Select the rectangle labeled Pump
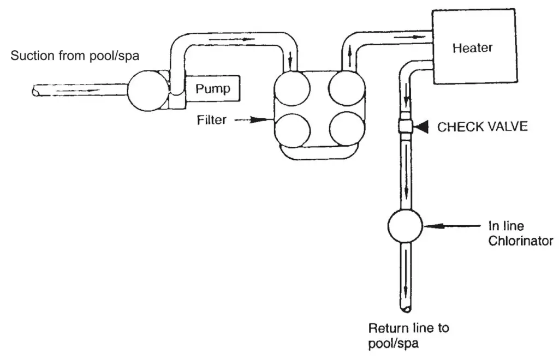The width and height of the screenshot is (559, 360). (213, 89)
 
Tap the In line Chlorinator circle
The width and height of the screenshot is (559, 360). (405, 225)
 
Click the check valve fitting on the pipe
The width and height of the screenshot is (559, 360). (405, 127)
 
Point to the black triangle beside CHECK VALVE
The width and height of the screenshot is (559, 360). (421, 127)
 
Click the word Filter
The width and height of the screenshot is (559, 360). (211, 119)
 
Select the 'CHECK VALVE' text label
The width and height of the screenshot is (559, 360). (483, 127)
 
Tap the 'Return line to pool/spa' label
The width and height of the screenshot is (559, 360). (409, 336)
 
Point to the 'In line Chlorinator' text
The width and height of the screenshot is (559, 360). (519, 233)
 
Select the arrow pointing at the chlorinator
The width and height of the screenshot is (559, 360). (451, 225)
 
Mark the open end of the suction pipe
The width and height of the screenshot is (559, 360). (35, 91)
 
